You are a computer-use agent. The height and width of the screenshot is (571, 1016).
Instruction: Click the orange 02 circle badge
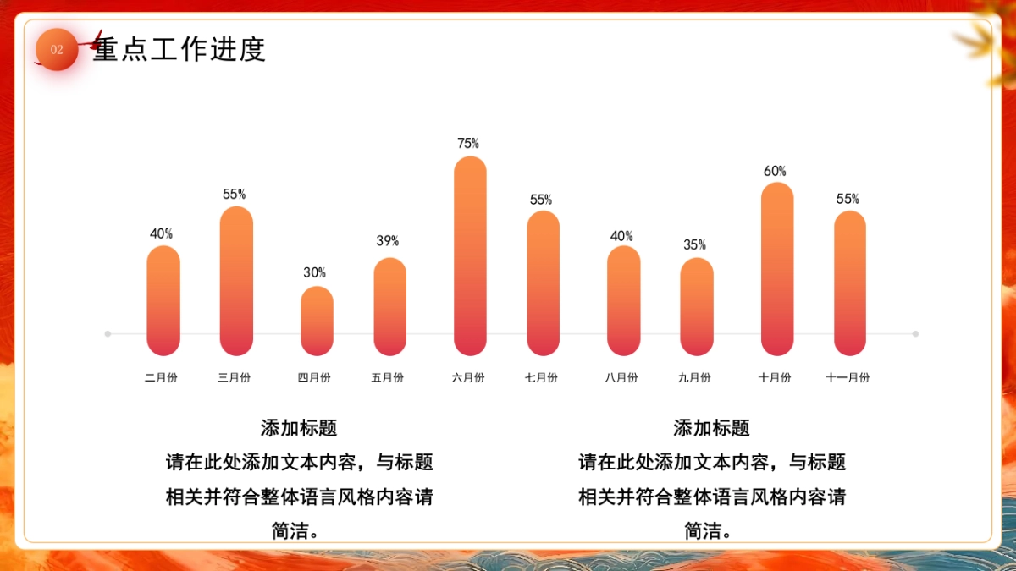(x=57, y=50)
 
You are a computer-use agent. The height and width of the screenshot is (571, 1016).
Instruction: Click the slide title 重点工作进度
(x=179, y=50)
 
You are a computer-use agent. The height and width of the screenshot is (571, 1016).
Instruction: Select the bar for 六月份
(x=470, y=255)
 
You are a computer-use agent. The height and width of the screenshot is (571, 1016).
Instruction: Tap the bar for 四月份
(x=317, y=321)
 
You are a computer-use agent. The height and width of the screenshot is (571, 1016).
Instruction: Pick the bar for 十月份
(x=777, y=268)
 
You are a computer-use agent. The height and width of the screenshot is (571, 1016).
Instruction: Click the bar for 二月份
(x=163, y=300)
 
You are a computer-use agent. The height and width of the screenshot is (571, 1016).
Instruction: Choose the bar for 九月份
(x=696, y=306)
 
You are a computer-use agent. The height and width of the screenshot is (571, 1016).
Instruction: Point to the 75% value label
(x=468, y=144)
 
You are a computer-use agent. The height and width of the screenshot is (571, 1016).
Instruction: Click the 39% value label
(x=388, y=241)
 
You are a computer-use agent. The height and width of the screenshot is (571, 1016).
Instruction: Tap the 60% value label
(x=775, y=171)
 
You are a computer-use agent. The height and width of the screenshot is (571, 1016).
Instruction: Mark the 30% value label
(x=315, y=272)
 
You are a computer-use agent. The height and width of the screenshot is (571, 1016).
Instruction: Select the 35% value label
(x=695, y=244)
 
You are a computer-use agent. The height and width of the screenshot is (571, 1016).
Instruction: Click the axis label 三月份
(x=235, y=378)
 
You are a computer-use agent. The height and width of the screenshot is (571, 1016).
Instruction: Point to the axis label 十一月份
(x=848, y=378)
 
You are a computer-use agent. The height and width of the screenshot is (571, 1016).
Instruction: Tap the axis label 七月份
(x=541, y=378)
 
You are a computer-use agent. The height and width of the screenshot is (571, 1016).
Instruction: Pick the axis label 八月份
(x=621, y=378)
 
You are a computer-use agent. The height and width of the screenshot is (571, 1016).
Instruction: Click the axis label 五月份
(x=388, y=378)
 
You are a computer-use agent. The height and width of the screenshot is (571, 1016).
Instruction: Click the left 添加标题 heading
(x=299, y=428)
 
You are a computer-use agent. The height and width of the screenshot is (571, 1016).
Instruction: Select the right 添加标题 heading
(x=711, y=428)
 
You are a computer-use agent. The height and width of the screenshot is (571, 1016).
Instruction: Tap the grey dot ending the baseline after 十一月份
(x=915, y=333)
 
